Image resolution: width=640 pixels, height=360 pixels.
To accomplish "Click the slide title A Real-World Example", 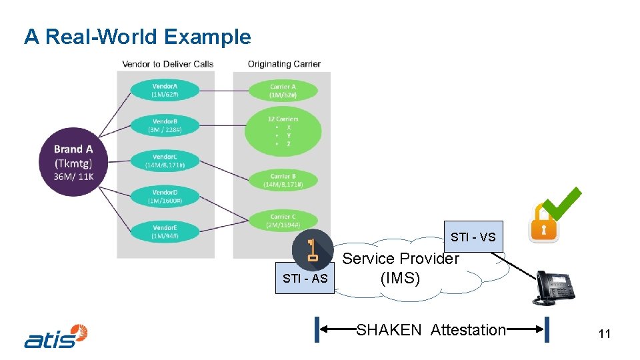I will (137, 37).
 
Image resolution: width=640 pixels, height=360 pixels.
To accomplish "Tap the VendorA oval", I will (165, 90).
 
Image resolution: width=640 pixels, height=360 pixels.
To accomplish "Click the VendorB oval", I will (165, 125).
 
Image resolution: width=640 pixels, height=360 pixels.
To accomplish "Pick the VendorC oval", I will (165, 161).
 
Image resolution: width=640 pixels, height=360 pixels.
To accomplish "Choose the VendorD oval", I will (165, 196).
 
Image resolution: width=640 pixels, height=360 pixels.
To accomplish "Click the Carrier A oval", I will (283, 91).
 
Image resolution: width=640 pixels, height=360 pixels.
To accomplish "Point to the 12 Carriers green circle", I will (283, 131).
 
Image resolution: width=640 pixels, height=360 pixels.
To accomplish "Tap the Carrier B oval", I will (283, 180).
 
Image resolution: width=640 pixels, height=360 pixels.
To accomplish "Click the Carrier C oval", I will (283, 221).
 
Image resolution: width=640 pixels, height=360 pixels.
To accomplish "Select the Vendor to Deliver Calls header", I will (167, 64).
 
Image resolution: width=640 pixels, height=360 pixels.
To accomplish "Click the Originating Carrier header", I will (284, 64).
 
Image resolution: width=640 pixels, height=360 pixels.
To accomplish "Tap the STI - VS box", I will (473, 237).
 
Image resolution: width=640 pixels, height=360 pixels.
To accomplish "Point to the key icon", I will (312, 249).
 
